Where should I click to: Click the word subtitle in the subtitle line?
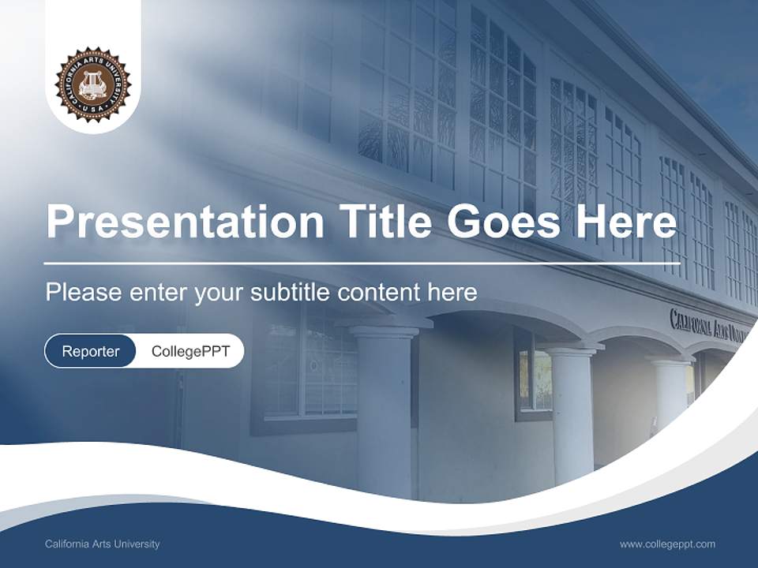(291, 293)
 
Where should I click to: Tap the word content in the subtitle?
(378, 293)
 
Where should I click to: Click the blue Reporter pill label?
(90, 351)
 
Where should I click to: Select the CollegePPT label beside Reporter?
(190, 351)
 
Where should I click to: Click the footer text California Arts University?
(103, 544)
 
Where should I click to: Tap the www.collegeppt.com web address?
(667, 544)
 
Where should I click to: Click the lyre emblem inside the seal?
(92, 83)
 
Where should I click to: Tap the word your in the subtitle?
(220, 293)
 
